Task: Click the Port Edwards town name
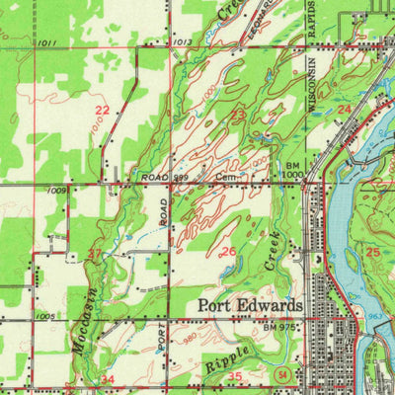click(249, 305)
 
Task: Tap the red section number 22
click(102, 110)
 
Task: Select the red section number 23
click(238, 115)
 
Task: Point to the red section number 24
click(344, 110)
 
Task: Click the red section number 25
click(372, 253)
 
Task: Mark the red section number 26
click(227, 253)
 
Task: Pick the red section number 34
click(107, 379)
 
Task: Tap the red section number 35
click(235, 377)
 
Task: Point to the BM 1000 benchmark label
click(294, 171)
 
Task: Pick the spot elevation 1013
click(180, 43)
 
